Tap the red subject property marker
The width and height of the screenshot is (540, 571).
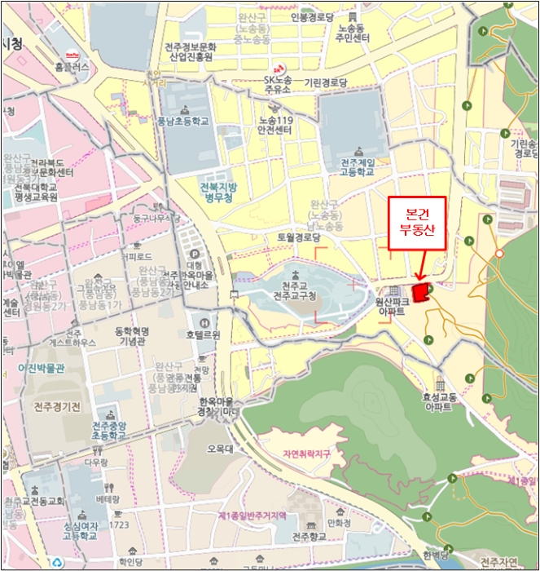(421, 291)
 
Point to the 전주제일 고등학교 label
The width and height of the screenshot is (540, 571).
(357, 167)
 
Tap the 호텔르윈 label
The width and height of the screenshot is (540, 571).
(203, 334)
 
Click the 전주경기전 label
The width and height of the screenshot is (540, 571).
(57, 406)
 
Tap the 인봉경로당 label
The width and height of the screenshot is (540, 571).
(312, 16)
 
